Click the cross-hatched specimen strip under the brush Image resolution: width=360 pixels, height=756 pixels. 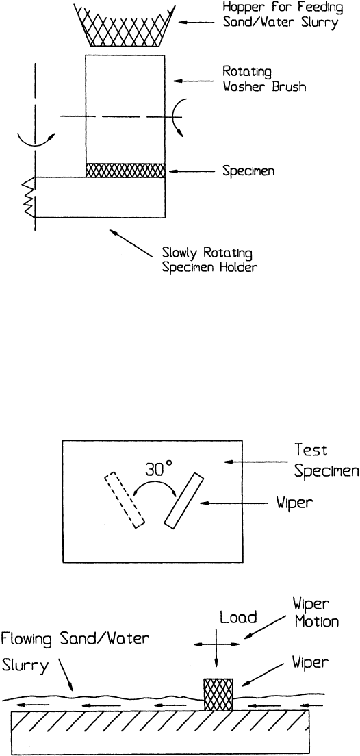point(125,171)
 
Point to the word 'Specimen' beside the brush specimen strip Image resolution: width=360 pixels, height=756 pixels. point(248,171)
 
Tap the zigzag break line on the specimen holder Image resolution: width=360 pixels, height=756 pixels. point(29,197)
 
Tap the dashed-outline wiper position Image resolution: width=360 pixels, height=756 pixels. point(125,501)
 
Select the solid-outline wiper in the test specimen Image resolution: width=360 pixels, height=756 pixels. point(183,500)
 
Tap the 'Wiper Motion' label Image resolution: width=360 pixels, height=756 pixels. point(316,612)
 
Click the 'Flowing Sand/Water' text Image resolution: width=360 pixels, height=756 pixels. point(75,640)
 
